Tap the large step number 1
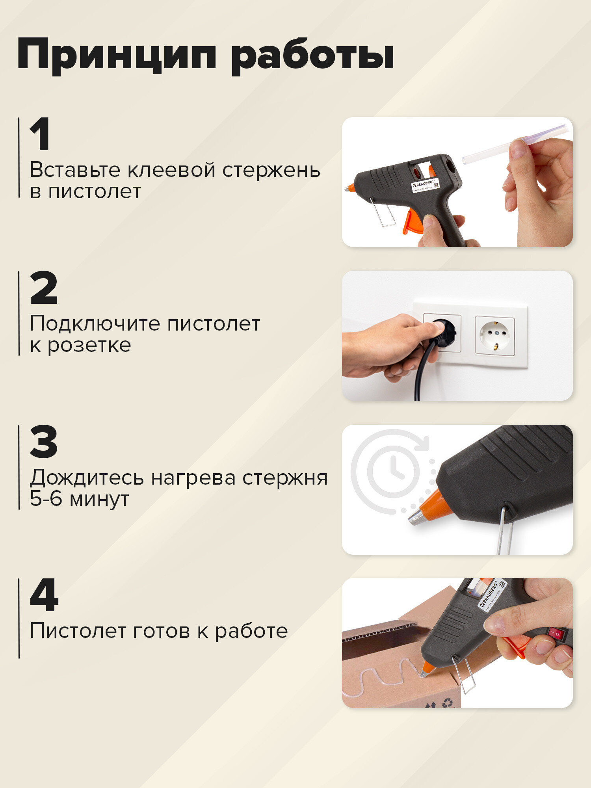coord(41,135)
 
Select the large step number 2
coord(44,288)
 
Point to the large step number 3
coord(44,442)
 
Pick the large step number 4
coord(44,595)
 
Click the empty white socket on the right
coord(495,335)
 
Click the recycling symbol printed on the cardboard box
coord(448,702)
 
